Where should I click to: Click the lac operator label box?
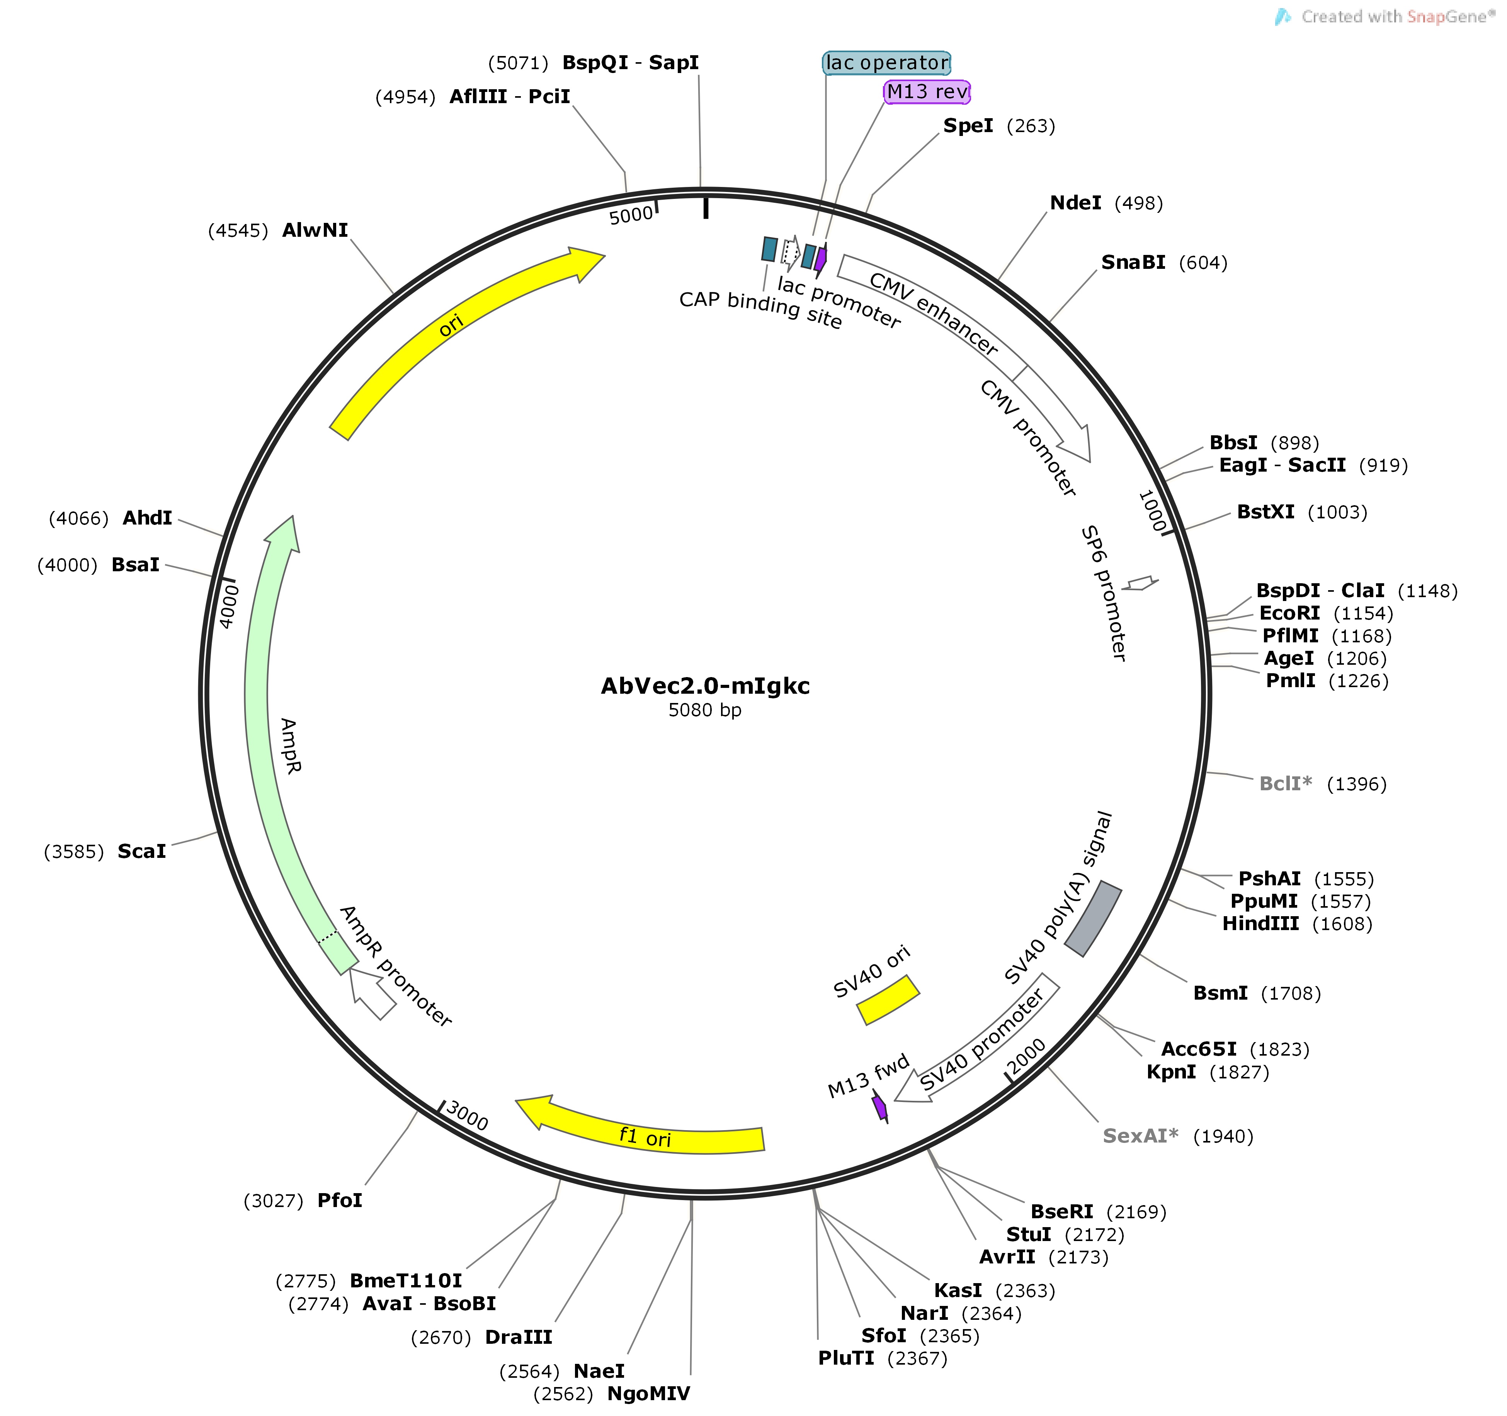coord(886,63)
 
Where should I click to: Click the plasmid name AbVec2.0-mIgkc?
coord(705,686)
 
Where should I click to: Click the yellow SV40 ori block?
coord(888,1000)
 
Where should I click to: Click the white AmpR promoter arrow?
coord(371,993)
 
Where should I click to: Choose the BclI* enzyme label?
coord(1286,784)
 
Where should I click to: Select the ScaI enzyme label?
coord(142,852)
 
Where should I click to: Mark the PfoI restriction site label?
coord(340,1201)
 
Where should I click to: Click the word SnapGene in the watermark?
coord(1446,17)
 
